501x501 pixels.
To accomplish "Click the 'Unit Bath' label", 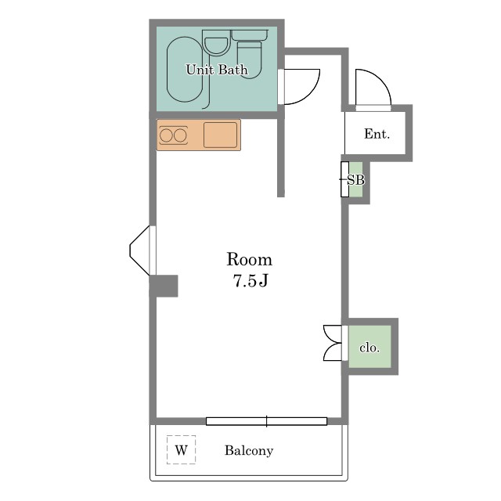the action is pyautogui.click(x=217, y=70).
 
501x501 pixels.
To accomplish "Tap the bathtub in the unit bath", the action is pyautogui.click(x=185, y=70).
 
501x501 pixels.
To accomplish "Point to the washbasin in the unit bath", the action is pyautogui.click(x=216, y=45).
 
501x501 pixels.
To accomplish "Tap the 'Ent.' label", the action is pyautogui.click(x=377, y=134).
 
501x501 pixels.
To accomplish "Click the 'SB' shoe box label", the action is pyautogui.click(x=355, y=180).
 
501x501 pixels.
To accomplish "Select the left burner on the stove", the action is pyautogui.click(x=166, y=135).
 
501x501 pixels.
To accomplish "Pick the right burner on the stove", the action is pyautogui.click(x=180, y=135).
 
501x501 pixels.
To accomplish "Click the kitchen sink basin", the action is pyautogui.click(x=221, y=135).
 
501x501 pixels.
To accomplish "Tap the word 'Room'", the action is pyautogui.click(x=250, y=259).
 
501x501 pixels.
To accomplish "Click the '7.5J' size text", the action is pyautogui.click(x=250, y=281).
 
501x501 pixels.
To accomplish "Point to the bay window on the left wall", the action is pyautogui.click(x=139, y=250).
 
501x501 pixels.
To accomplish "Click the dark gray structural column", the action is pyautogui.click(x=164, y=286).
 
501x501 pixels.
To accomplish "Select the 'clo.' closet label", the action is pyautogui.click(x=369, y=348).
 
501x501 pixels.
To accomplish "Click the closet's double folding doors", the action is pyautogui.click(x=333, y=343).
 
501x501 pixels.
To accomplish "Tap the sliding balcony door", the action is pyautogui.click(x=266, y=421).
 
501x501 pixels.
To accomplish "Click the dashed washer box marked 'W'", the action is pyautogui.click(x=181, y=450).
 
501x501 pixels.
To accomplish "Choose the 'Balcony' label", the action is pyautogui.click(x=249, y=451).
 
